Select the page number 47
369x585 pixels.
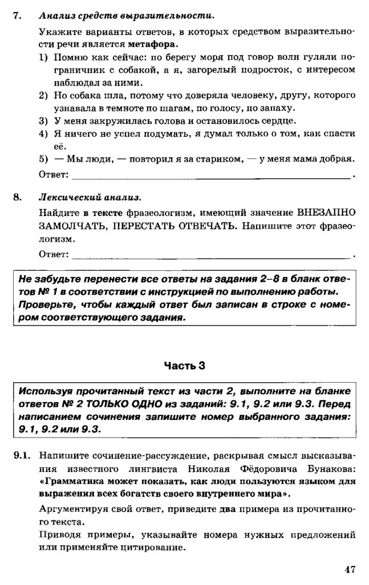tap(350, 568)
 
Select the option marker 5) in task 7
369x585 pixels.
tap(44, 159)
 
